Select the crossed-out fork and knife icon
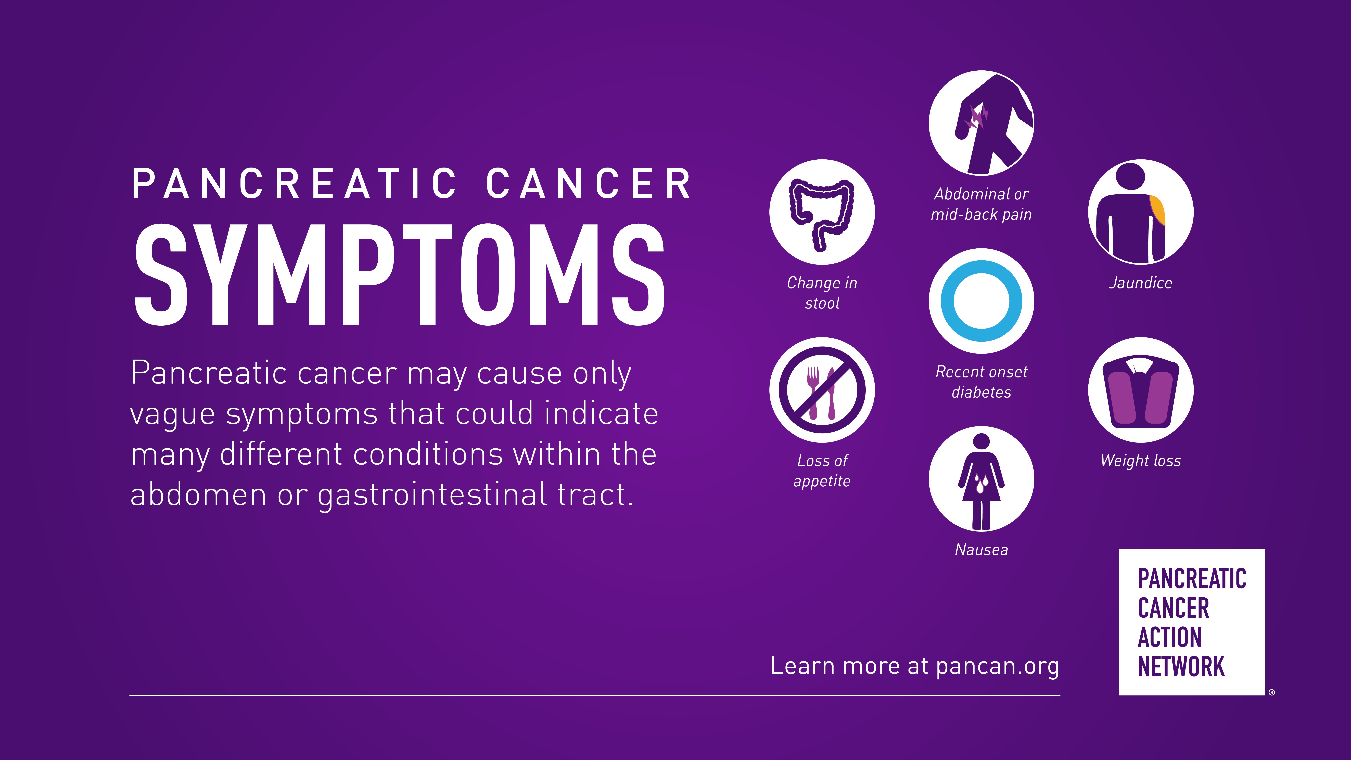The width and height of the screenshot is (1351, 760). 822,390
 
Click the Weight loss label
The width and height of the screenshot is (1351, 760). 1141,461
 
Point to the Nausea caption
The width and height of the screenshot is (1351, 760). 981,550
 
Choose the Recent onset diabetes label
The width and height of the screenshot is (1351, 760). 981,382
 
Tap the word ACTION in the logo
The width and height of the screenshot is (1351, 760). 1169,637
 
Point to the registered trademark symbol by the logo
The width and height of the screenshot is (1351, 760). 1271,692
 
